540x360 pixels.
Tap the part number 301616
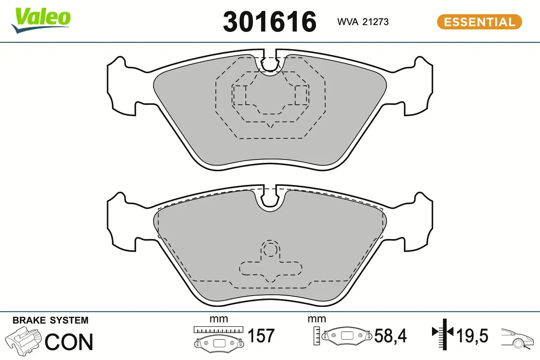tap(270, 21)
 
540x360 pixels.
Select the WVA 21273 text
tap(363, 22)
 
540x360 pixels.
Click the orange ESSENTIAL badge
tap(479, 22)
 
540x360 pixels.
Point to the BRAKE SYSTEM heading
tap(50, 320)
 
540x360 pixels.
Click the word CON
tap(69, 342)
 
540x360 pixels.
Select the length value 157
tap(261, 336)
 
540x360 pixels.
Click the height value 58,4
tap(391, 336)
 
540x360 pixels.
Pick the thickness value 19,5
tap(472, 336)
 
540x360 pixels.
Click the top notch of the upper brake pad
tap(270, 63)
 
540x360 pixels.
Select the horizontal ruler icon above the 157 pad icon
tap(218, 329)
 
